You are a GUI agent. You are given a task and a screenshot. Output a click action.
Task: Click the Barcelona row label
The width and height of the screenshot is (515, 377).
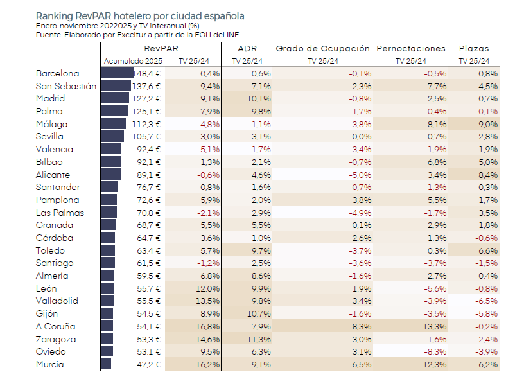[58, 73]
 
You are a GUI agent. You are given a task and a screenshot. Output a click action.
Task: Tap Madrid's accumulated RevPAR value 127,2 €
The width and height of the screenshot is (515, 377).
[148, 98]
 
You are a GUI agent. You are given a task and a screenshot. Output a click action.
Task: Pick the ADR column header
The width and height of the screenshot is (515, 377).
[247, 48]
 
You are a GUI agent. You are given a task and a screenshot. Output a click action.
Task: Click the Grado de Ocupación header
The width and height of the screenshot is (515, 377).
[323, 48]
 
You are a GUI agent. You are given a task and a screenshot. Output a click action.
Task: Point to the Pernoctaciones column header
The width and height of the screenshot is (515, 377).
[411, 48]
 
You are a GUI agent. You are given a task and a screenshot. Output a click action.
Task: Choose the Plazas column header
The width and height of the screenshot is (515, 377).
[474, 48]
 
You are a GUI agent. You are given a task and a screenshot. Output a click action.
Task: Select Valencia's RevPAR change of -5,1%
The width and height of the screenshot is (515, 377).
[209, 149]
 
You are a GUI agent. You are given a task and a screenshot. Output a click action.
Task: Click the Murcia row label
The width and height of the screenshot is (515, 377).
[50, 364]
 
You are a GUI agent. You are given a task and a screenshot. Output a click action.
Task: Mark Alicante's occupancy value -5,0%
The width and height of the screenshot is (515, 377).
[360, 175]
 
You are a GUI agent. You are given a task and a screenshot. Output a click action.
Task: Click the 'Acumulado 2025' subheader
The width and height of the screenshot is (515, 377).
[133, 61]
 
